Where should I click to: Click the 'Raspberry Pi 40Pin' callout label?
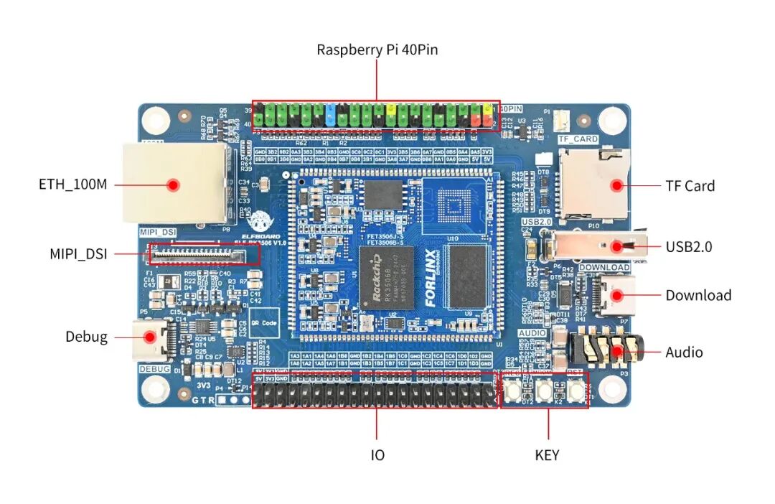[377, 50]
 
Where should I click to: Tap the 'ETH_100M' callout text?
[72, 185]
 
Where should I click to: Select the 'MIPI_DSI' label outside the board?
[78, 253]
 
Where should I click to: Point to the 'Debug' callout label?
[86, 336]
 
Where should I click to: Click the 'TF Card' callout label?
[690, 185]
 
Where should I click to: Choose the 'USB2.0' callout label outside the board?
[688, 246]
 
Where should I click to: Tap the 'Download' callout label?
[698, 295]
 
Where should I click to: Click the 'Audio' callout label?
[684, 352]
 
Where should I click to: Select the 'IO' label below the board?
[377, 455]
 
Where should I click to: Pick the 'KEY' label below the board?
[547, 455]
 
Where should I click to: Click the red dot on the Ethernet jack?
[172, 185]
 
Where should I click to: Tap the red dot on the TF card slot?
[615, 185]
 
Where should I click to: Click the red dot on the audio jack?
[615, 352]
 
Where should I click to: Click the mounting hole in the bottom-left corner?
[155, 388]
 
